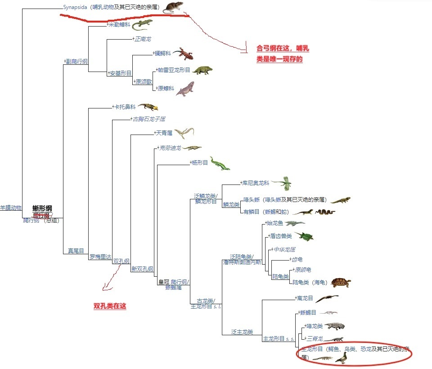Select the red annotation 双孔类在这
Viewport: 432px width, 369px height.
(110, 306)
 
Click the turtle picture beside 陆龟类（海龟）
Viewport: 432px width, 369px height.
(341, 283)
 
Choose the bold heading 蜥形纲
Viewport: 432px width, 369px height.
(42, 208)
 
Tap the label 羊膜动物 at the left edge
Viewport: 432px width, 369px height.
(10, 208)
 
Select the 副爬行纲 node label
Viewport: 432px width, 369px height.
(76, 61)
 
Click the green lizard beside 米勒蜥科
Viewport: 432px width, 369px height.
(142, 24)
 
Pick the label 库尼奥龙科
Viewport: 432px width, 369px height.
(256, 183)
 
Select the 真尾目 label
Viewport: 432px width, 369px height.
(76, 251)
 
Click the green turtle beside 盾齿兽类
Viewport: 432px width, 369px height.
(304, 235)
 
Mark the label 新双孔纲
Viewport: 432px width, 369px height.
(142, 269)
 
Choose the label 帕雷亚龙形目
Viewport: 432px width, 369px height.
(174, 71)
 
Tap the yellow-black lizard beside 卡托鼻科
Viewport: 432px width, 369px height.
(148, 107)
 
